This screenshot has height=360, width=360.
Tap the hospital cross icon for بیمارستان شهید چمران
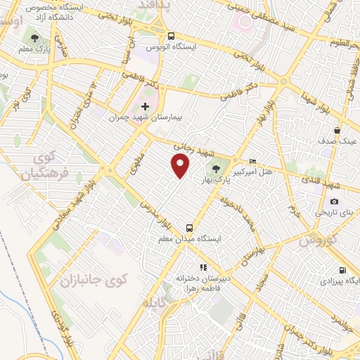click(146, 106)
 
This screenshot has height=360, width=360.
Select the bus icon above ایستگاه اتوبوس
click(171, 35)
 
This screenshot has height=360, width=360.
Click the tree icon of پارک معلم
click(34, 37)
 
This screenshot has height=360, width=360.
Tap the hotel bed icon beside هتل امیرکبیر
click(253, 162)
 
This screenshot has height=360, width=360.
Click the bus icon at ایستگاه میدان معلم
click(189, 228)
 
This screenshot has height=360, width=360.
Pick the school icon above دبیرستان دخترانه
click(203, 267)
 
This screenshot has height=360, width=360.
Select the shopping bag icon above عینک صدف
click(337, 130)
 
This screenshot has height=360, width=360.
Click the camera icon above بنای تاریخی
click(334, 202)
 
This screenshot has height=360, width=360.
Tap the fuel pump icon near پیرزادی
click(342, 270)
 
